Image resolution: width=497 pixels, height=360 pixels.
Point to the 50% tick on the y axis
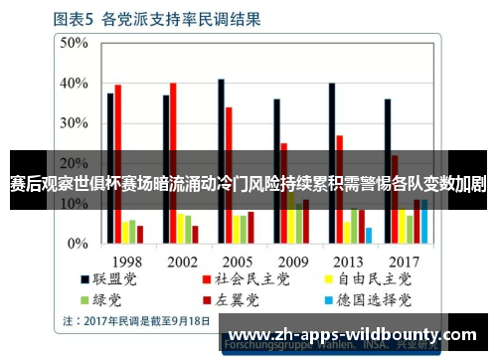coord(75,43)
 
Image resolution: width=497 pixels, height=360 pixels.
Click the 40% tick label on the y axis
coord(75,83)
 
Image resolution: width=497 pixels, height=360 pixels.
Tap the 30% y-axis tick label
coord(75,123)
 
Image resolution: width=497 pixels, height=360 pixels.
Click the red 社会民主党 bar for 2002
coord(173,163)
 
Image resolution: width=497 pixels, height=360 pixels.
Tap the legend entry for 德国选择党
coord(371,298)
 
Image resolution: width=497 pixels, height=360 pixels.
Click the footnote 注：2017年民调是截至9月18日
coord(136,321)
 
